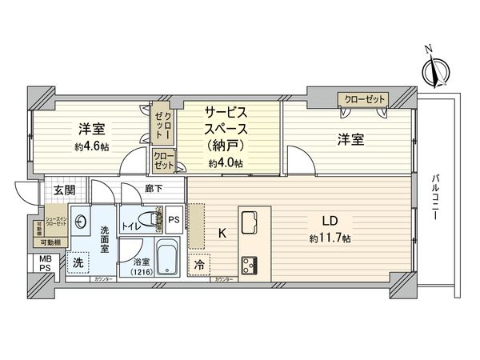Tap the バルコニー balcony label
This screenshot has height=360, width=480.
pyautogui.click(x=436, y=197)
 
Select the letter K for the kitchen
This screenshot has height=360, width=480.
pyautogui.click(x=224, y=234)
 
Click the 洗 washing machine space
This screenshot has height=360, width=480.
pyautogui.click(x=78, y=262)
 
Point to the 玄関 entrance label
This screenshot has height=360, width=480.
pyautogui.click(x=65, y=190)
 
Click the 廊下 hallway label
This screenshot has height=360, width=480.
pyautogui.click(x=154, y=190)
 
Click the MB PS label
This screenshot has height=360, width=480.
pyautogui.click(x=41, y=263)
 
